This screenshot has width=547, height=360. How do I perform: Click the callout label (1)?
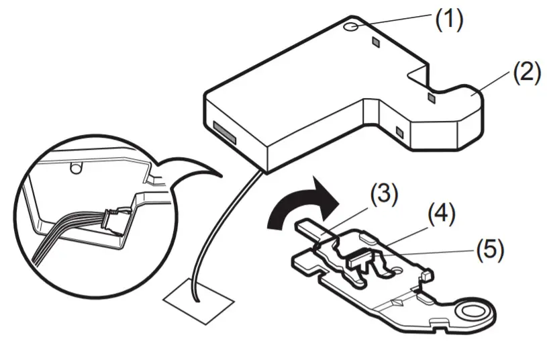448,19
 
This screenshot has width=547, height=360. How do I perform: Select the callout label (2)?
526,73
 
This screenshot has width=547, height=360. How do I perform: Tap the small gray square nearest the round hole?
376,42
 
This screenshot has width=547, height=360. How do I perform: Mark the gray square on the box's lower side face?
400,132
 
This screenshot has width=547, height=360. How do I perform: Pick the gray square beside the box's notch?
432,99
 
